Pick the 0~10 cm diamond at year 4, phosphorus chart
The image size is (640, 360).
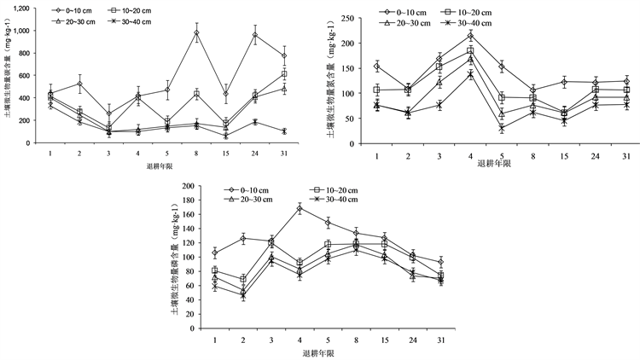(300, 208)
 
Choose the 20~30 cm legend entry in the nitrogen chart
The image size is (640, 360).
(404, 23)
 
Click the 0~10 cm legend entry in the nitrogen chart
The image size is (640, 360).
(404, 12)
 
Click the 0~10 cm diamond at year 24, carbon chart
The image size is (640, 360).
(254, 35)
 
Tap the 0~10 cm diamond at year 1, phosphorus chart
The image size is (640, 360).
(215, 253)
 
